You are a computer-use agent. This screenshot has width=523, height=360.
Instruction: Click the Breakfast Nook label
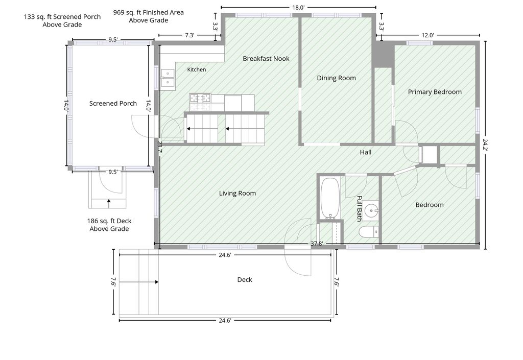(x=266, y=59)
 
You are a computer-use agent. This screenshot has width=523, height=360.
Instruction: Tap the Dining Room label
(x=336, y=78)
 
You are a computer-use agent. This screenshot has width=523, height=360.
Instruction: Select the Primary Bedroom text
(x=435, y=92)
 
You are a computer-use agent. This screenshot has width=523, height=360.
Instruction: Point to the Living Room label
(x=237, y=194)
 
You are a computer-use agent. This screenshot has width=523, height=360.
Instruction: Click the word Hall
(x=366, y=152)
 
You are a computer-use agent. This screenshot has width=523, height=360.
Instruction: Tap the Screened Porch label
(x=113, y=103)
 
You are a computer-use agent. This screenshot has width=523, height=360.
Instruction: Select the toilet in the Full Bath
(x=369, y=232)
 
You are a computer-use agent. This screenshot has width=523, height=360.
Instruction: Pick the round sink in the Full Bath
(x=371, y=210)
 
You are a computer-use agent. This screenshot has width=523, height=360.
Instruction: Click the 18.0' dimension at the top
(x=298, y=8)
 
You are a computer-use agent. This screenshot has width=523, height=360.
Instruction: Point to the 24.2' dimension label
(x=485, y=146)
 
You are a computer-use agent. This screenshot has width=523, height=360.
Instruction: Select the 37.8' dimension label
(x=317, y=244)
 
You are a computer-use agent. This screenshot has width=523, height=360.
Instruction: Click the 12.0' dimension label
(x=427, y=35)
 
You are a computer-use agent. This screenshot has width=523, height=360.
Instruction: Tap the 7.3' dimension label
(x=189, y=35)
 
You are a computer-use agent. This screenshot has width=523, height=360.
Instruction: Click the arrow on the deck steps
(x=138, y=282)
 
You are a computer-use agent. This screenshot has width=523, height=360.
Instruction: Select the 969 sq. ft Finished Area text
(x=149, y=16)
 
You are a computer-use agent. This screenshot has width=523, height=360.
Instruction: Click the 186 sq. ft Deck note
(x=109, y=225)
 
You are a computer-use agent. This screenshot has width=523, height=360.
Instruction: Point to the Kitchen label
(x=197, y=69)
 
